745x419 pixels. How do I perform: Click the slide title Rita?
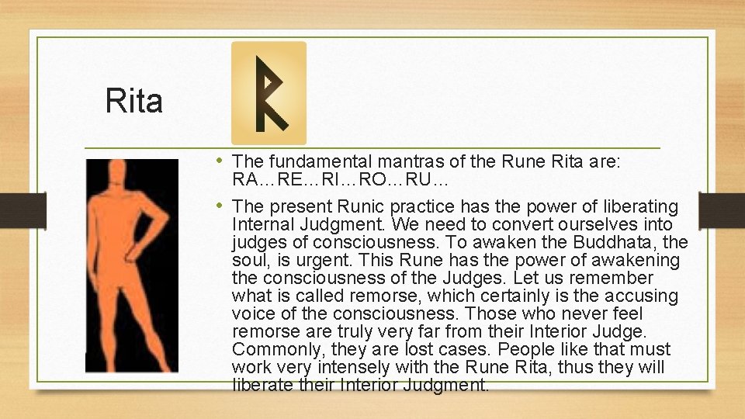134,102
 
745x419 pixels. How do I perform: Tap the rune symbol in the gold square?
269,93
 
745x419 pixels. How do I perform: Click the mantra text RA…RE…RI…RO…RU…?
340,179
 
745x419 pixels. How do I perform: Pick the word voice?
252,313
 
